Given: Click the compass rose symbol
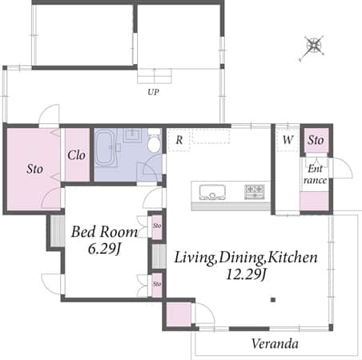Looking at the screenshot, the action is click(x=313, y=46).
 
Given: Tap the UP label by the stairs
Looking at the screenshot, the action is click(x=153, y=92).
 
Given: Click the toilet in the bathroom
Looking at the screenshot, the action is click(x=154, y=141).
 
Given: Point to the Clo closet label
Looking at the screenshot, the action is click(x=76, y=155).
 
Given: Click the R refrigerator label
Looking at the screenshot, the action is click(x=179, y=140).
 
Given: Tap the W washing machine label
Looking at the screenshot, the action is click(x=288, y=139).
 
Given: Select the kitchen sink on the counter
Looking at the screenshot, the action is click(x=212, y=192).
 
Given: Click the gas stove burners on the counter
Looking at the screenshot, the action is click(x=255, y=192).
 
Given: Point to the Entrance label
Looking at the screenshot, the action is click(x=316, y=174).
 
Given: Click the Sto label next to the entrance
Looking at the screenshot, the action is click(x=316, y=140).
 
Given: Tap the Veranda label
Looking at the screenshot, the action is click(x=275, y=344).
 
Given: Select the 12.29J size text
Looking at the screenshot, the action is click(x=246, y=274).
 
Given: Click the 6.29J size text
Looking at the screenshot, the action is click(x=104, y=249).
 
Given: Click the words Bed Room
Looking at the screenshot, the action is click(x=104, y=232).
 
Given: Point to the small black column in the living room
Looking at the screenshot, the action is click(x=273, y=300).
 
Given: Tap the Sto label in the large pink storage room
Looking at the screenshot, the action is click(x=34, y=169).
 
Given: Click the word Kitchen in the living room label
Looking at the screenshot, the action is click(x=293, y=258).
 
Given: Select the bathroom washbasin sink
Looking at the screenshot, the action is click(x=132, y=134).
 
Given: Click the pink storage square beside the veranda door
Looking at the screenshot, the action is click(x=179, y=314).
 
